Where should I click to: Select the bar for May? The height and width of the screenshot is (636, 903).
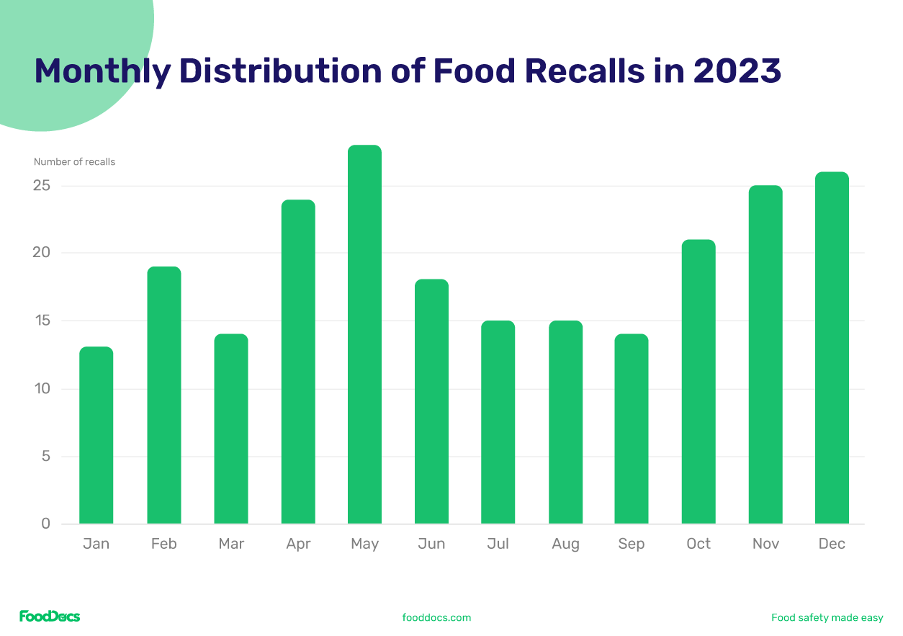click(x=364, y=334)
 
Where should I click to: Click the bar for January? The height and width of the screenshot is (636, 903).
click(x=96, y=435)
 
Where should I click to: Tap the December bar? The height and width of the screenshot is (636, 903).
click(x=832, y=348)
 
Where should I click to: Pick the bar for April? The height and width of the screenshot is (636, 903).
click(x=298, y=362)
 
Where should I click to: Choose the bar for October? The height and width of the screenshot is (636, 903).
click(x=698, y=382)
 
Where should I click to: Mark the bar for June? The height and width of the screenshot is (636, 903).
click(x=431, y=401)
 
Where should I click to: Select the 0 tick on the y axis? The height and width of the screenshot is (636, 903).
click(x=46, y=524)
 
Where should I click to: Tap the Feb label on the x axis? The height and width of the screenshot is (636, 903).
click(x=163, y=544)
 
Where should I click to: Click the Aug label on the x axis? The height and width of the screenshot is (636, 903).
click(x=565, y=544)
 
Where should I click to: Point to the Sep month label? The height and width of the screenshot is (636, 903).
click(x=632, y=544)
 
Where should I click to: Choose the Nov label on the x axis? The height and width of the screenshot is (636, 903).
click(x=765, y=544)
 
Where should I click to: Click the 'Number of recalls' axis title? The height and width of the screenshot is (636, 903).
click(x=74, y=162)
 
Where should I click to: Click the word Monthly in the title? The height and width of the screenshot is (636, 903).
click(x=102, y=71)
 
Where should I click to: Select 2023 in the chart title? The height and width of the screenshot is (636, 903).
click(x=737, y=71)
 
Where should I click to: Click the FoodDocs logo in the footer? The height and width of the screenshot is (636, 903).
click(x=50, y=617)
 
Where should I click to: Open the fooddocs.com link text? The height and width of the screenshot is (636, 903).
click(x=436, y=617)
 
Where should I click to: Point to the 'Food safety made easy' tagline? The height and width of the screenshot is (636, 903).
click(x=827, y=617)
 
